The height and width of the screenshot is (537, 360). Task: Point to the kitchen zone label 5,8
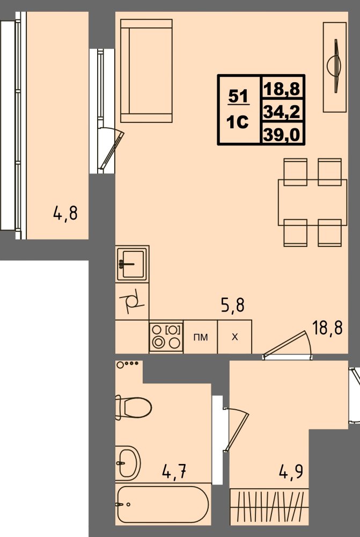coord(233,304)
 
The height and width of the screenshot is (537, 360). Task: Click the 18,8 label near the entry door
coord(327,328)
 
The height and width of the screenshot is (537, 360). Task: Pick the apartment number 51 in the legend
coord(238,96)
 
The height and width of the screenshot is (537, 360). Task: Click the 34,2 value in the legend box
coord(282,111)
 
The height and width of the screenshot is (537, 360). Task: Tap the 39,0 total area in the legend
coord(282,135)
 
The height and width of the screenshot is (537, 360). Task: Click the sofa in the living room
coord(146,70)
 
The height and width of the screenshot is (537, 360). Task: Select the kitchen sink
coord(132,264)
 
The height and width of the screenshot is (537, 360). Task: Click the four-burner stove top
coord(166,337)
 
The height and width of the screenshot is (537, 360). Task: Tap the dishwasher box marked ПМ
coord(201,337)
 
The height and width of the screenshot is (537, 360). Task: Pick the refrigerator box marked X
coord(235,337)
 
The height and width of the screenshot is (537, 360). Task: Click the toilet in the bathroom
coord(134,408)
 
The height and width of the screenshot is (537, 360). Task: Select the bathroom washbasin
coord(128,463)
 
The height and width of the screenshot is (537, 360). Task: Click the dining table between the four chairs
coord(312,202)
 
